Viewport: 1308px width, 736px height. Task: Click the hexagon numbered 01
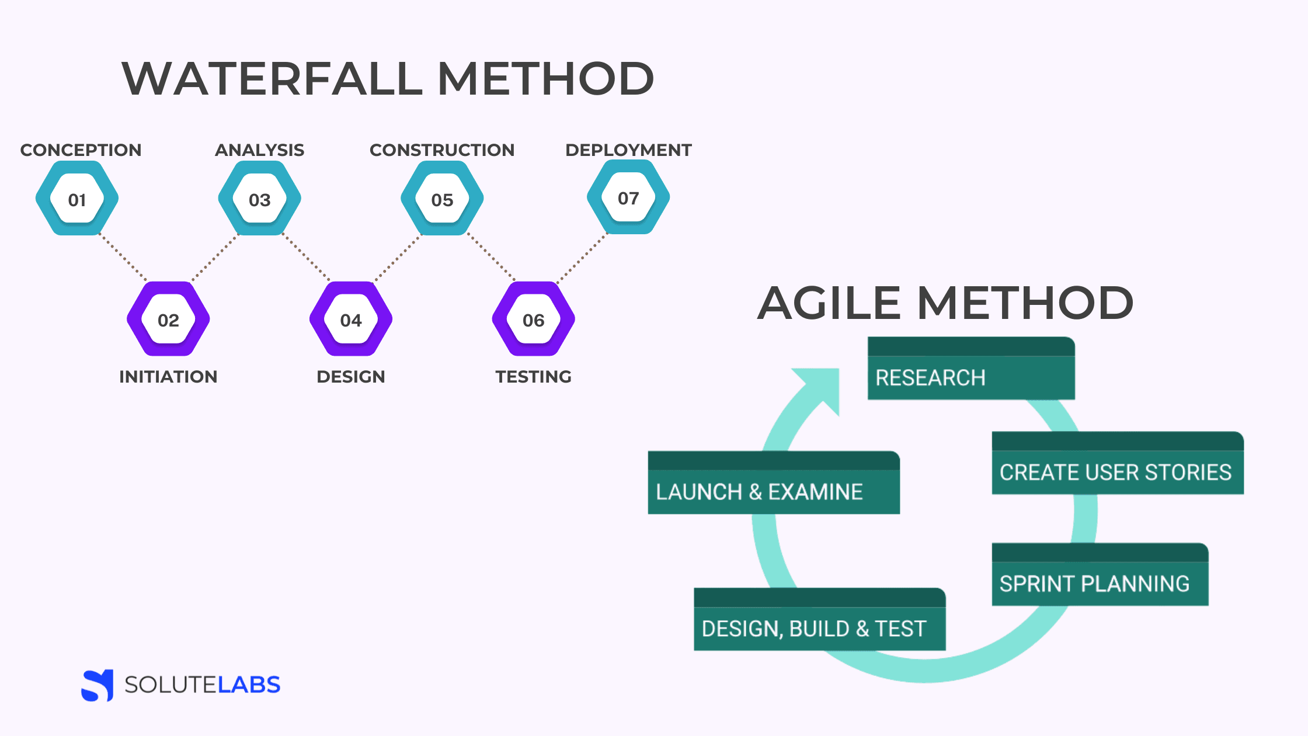(77, 199)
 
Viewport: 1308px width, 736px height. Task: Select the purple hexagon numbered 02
(168, 320)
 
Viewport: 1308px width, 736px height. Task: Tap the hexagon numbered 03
(260, 199)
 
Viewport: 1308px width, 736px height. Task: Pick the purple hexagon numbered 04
(351, 320)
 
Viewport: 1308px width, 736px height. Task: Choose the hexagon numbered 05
(442, 199)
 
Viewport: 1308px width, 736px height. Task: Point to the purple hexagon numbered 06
(534, 320)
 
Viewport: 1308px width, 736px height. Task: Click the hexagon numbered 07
(628, 198)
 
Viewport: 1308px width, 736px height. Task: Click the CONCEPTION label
(81, 150)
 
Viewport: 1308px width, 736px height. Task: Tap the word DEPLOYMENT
(628, 150)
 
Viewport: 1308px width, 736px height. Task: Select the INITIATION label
(168, 377)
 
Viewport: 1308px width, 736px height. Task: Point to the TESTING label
(534, 377)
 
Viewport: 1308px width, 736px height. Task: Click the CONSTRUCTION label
(442, 150)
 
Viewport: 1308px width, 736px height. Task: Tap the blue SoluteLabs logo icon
(98, 685)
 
